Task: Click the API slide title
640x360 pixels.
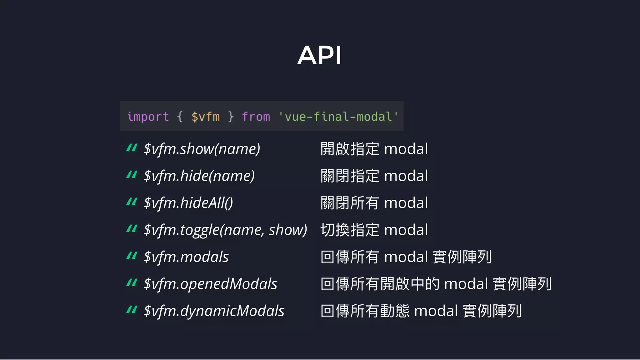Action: tap(319, 55)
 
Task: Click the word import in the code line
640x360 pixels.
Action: tap(148, 117)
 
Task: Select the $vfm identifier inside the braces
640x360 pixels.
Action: tap(205, 117)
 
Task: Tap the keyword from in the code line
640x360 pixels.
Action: tap(256, 117)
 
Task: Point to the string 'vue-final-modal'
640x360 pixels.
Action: tap(338, 117)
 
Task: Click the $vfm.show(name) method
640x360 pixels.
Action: tap(202, 149)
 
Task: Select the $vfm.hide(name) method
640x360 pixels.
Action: tap(199, 176)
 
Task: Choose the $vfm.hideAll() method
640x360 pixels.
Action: tap(188, 203)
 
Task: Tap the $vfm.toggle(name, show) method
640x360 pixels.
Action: tap(225, 230)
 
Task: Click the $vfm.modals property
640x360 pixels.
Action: tap(186, 257)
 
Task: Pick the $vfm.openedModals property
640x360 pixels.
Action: tap(210, 284)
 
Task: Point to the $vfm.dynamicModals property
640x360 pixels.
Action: tap(214, 311)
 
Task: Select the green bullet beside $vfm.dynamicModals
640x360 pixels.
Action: tap(132, 310)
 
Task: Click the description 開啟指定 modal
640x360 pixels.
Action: tap(374, 149)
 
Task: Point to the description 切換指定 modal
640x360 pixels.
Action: tap(374, 230)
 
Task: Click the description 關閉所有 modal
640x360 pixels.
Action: tap(374, 203)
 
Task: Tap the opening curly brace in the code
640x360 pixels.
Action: tap(180, 117)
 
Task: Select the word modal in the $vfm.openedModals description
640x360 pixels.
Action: tap(466, 284)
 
